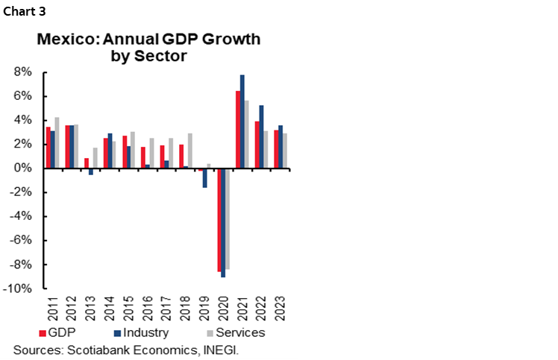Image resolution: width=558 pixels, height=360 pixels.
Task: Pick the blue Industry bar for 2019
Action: pos(204,177)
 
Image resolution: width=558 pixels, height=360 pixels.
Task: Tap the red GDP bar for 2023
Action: pos(275,149)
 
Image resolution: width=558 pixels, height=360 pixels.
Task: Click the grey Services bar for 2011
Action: pos(57,143)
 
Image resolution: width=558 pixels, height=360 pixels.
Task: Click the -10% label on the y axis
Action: pos(19,288)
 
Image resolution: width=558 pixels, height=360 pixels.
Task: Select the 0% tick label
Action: pos(22,168)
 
